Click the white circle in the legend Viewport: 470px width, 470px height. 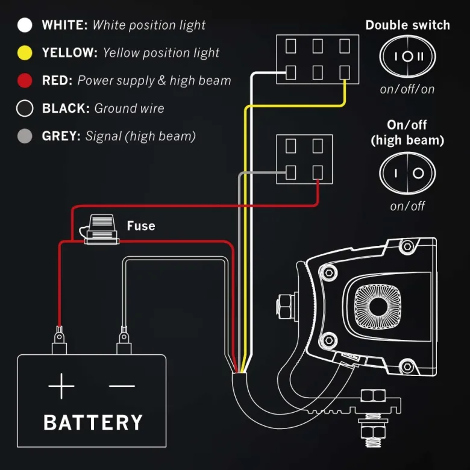(25, 25)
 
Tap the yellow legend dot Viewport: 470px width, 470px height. (25, 53)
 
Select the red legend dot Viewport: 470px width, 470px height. (25, 80)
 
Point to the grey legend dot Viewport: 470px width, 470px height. (25, 136)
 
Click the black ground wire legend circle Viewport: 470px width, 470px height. (25, 108)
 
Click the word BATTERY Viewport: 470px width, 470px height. (93, 422)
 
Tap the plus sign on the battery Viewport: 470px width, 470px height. (61, 386)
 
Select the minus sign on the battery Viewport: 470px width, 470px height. (122, 386)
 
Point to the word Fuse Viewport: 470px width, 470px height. (141, 226)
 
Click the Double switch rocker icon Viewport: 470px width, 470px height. (408, 57)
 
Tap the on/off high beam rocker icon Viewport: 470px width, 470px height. (408, 173)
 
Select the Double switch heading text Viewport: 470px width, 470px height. (408, 25)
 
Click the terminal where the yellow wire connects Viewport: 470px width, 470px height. (345, 72)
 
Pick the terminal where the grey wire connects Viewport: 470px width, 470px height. (291, 173)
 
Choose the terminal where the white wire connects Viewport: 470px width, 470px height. (291, 72)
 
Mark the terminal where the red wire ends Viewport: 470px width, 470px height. (318, 173)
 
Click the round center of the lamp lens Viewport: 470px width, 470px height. (378, 306)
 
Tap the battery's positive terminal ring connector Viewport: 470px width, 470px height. (59, 335)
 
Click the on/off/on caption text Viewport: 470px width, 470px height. (407, 89)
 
